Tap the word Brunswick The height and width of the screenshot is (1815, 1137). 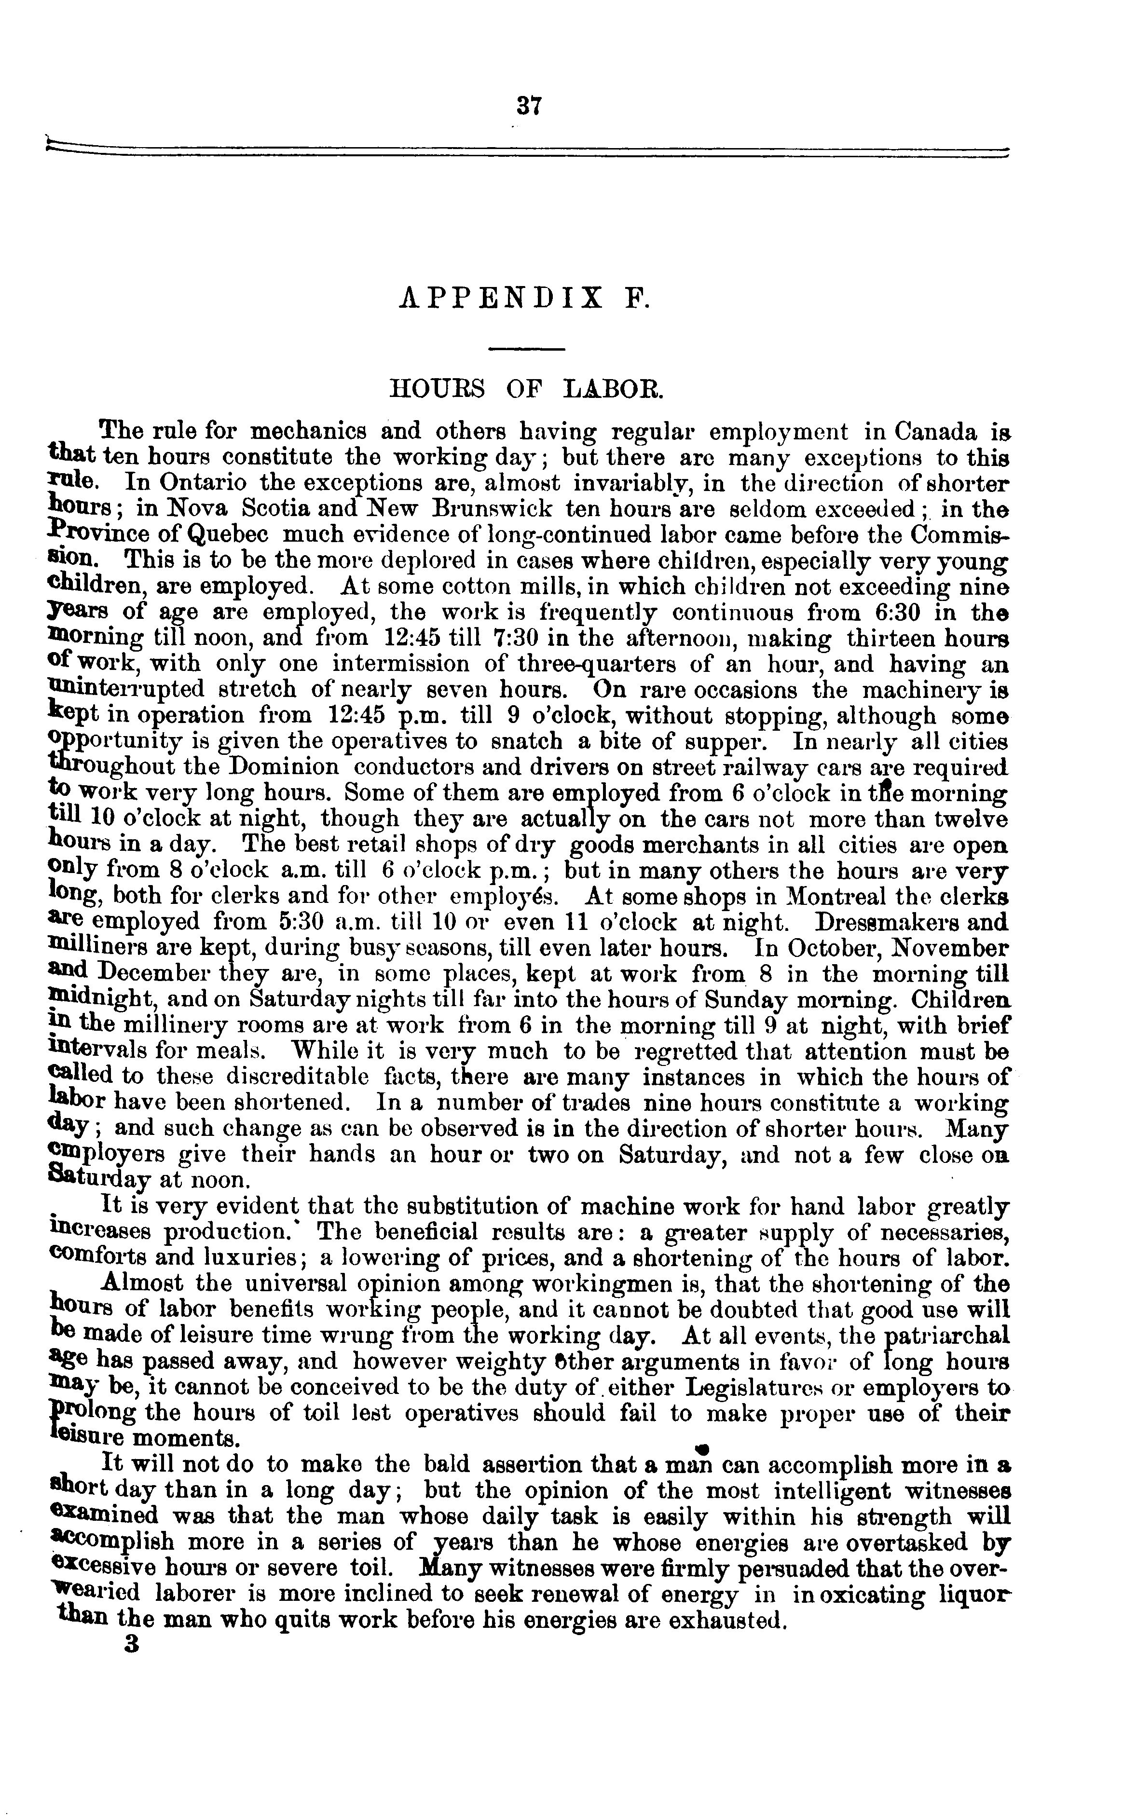tap(492, 508)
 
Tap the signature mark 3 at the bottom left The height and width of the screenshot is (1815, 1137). tap(134, 1644)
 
